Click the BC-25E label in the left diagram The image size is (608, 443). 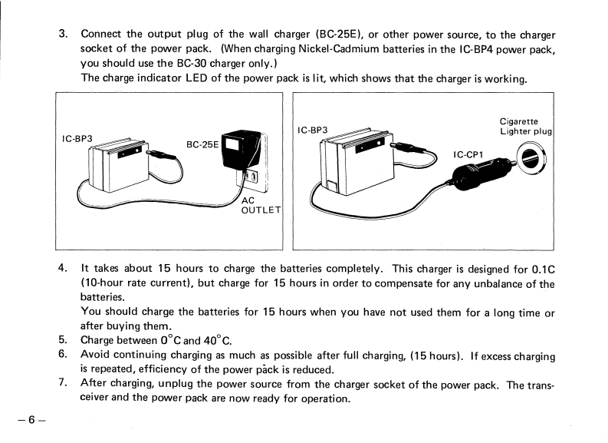click(x=203, y=144)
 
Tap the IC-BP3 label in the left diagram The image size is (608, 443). click(x=77, y=138)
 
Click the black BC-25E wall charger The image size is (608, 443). click(x=239, y=150)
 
